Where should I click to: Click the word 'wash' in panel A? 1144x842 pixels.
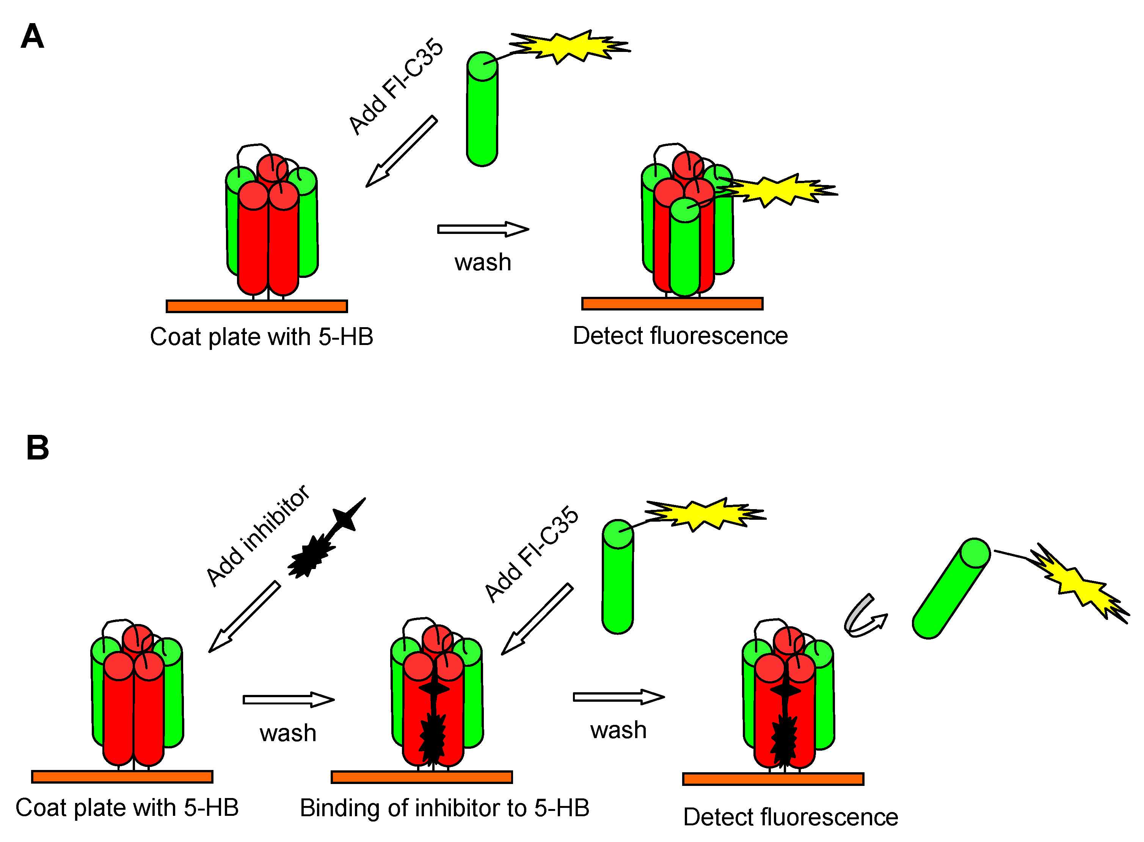point(482,262)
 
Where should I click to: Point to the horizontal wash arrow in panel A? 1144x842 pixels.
point(482,229)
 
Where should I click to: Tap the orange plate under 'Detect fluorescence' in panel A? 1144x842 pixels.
point(672,304)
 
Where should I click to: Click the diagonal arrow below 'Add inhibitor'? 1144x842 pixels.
point(244,617)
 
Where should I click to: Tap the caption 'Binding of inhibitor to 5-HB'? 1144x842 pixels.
point(444,808)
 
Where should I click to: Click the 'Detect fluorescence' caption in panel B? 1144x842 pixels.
point(790,817)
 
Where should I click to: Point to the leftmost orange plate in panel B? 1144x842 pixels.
point(122,776)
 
